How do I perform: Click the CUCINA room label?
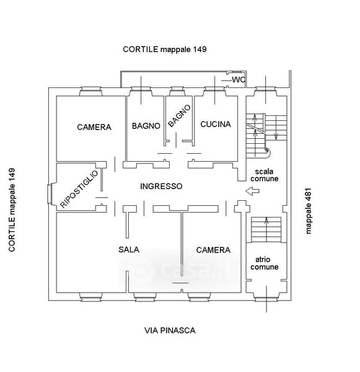[x=216, y=124]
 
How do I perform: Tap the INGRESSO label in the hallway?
[x=161, y=186]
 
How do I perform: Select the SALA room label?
[x=129, y=249]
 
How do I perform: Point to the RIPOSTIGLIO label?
[x=79, y=189]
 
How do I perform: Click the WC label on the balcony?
[x=239, y=80]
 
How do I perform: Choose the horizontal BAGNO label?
[x=146, y=126]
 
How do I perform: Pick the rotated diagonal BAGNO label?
[x=179, y=115]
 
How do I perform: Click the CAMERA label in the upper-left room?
[x=94, y=127]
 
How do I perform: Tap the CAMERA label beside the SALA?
[x=213, y=250]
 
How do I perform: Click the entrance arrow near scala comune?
[x=252, y=191]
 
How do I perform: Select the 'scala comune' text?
[x=264, y=175]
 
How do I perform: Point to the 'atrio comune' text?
[x=264, y=263]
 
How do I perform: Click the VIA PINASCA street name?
[x=170, y=330]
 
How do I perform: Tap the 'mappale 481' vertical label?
[x=308, y=211]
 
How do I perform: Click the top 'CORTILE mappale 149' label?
[x=165, y=49]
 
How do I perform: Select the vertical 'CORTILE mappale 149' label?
[x=12, y=210]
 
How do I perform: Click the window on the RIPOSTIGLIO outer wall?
[x=50, y=194]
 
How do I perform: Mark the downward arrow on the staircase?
[x=276, y=135]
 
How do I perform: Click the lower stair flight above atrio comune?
[x=266, y=229]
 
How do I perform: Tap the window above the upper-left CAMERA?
[x=90, y=91]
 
